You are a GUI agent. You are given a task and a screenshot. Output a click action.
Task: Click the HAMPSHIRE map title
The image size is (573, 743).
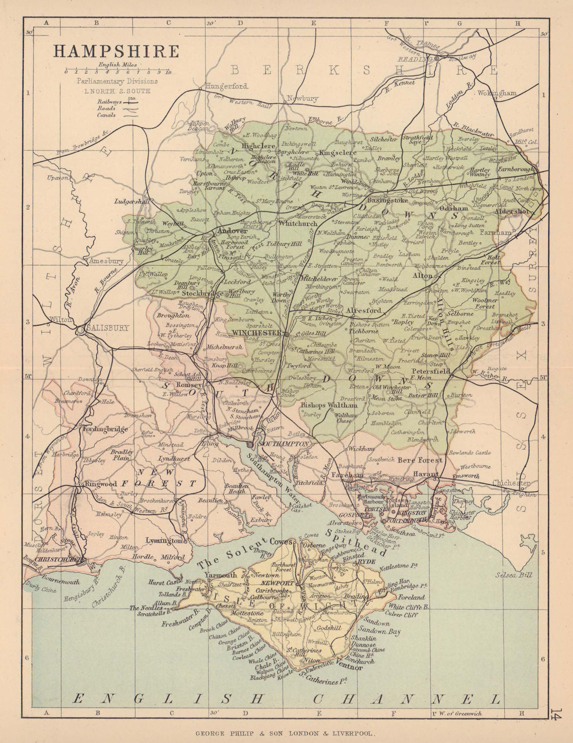116,51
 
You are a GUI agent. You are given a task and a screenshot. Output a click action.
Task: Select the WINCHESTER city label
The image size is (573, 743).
257,333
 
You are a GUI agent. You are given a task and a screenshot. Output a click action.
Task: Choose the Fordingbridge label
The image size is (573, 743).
105,429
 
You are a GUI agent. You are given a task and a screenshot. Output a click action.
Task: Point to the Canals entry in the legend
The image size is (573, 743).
106,115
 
